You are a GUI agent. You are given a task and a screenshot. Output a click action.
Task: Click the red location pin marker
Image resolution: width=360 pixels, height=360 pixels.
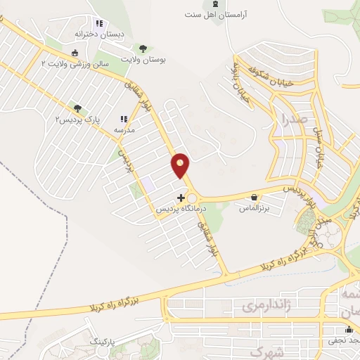coord(181,165)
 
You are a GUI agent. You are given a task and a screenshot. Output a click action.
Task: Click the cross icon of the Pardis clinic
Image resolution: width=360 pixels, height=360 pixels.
coord(181,198)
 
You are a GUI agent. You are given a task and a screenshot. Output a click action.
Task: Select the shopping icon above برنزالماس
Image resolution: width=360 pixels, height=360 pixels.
coord(253,198)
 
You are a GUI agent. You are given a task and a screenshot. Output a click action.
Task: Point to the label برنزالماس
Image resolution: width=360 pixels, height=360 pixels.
coord(255,209)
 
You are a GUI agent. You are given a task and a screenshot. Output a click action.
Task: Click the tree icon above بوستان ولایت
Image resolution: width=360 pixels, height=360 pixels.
coord(143,49)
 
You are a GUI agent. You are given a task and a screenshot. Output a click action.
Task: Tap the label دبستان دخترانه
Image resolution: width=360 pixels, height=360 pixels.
coord(99,34)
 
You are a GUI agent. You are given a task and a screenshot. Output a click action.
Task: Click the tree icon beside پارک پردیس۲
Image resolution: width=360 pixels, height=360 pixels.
coord(78,108)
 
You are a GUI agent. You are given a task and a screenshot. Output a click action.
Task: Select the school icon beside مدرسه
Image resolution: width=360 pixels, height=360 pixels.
coord(124,119)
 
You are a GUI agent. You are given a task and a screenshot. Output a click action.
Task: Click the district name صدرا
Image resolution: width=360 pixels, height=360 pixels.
coord(293,119)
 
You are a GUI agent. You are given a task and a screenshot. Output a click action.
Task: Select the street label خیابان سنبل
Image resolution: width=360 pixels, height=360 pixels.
coord(322,147)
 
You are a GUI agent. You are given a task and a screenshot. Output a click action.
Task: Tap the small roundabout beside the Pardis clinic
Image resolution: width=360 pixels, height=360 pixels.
coord(191,198)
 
